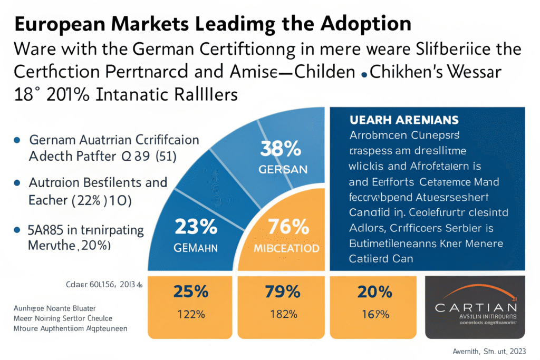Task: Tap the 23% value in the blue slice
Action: click(195, 227)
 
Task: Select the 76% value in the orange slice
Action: click(288, 227)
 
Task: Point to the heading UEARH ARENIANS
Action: click(404, 120)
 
